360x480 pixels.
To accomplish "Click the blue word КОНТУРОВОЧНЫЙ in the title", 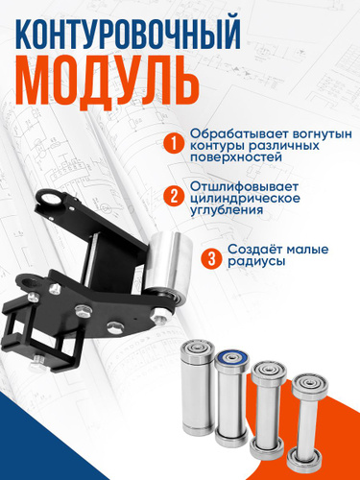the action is [x=128, y=35].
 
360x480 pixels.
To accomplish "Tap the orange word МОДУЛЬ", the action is [x=108, y=84].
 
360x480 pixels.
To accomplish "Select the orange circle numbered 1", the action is [x=174, y=144].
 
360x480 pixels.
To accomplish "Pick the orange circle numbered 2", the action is [x=174, y=197].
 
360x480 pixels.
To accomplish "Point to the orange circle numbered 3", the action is [x=211, y=258].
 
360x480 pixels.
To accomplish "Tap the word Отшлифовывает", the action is [x=244, y=186].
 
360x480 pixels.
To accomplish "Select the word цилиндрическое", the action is [x=245, y=199].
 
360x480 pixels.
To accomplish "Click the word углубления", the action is [x=227, y=210].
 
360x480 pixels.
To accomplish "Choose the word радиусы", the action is [x=256, y=261].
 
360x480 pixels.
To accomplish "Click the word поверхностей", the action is [x=236, y=157].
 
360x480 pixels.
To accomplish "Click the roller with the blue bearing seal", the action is [x=231, y=396].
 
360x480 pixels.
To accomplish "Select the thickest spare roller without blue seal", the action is [x=198, y=387].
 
